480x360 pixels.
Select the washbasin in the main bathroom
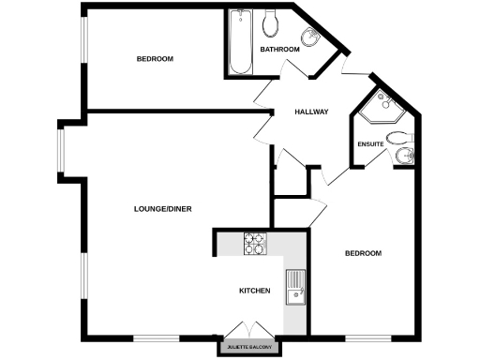[x=312, y=37]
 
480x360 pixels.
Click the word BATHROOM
[x=279, y=49]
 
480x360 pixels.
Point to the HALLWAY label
[x=311, y=112]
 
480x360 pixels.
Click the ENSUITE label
[x=370, y=144]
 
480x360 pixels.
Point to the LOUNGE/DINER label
[x=163, y=208]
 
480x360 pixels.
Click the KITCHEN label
[x=255, y=292]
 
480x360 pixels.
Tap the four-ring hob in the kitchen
[x=255, y=244]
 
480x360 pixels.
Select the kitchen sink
[x=297, y=282]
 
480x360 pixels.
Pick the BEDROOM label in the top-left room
[x=155, y=59]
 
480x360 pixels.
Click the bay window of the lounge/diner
[x=61, y=150]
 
